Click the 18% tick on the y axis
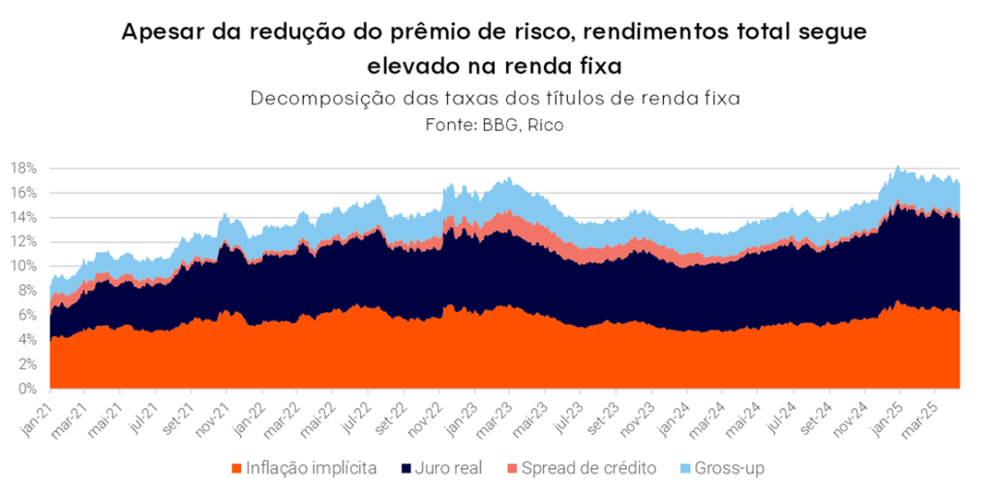coord(24,168)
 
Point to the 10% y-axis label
coord(24,266)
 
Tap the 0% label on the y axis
coord(27,389)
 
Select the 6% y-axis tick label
coord(27,316)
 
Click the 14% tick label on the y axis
coord(24,217)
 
